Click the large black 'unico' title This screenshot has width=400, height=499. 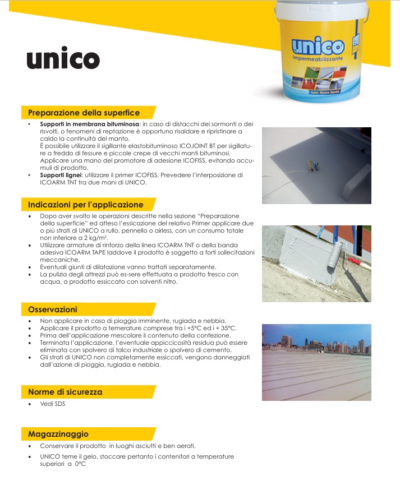click(x=63, y=59)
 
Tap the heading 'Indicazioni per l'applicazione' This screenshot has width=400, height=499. click(x=86, y=205)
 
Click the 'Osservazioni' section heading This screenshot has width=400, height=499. click(x=53, y=309)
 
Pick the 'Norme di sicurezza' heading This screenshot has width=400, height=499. click(x=65, y=392)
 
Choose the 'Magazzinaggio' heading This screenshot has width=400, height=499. click(x=58, y=434)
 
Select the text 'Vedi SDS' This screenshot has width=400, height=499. click(x=53, y=404)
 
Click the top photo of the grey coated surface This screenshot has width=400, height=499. click(x=316, y=165)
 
